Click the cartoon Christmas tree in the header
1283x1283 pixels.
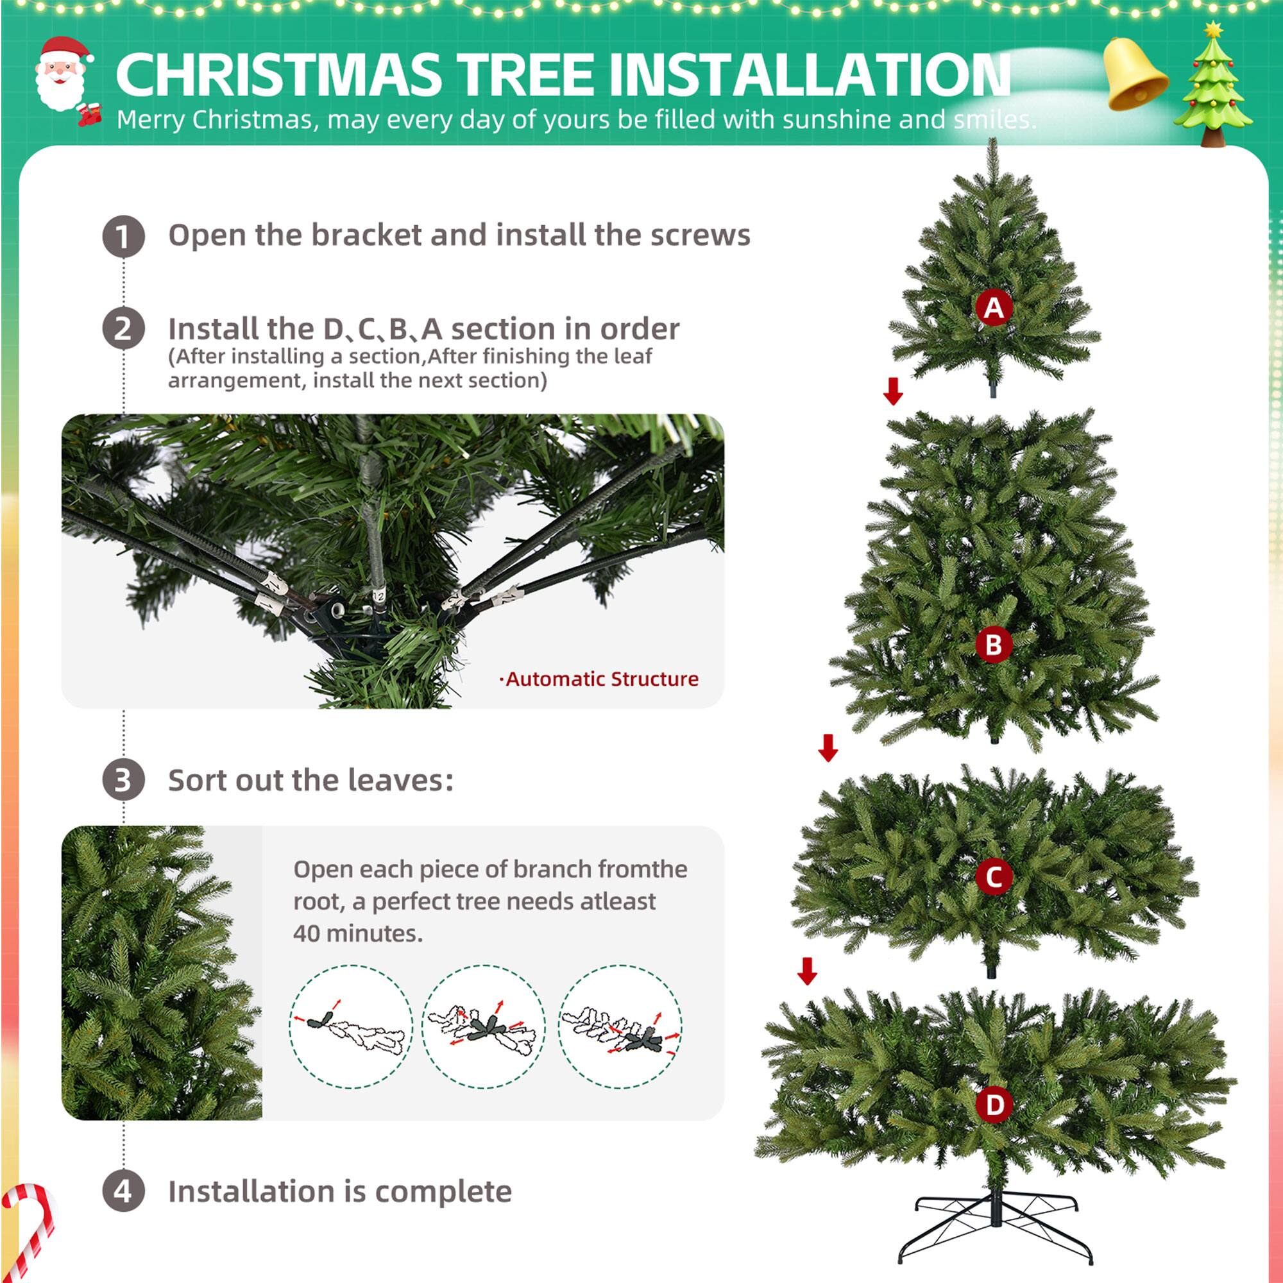[1213, 87]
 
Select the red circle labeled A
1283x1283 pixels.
[994, 307]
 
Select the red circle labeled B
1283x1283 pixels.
[994, 644]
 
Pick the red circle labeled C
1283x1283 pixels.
[994, 876]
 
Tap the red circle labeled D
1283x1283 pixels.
[994, 1105]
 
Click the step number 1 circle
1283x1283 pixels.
[124, 237]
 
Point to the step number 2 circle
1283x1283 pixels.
[124, 328]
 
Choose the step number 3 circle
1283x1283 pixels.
[124, 779]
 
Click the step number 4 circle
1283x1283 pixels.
[124, 1191]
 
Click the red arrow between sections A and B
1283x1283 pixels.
[893, 391]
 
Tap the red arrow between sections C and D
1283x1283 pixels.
[808, 971]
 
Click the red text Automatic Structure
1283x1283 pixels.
[600, 679]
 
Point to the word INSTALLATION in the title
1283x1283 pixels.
[809, 74]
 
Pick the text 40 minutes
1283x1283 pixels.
[358, 933]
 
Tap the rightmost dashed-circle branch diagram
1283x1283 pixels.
[620, 1026]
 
